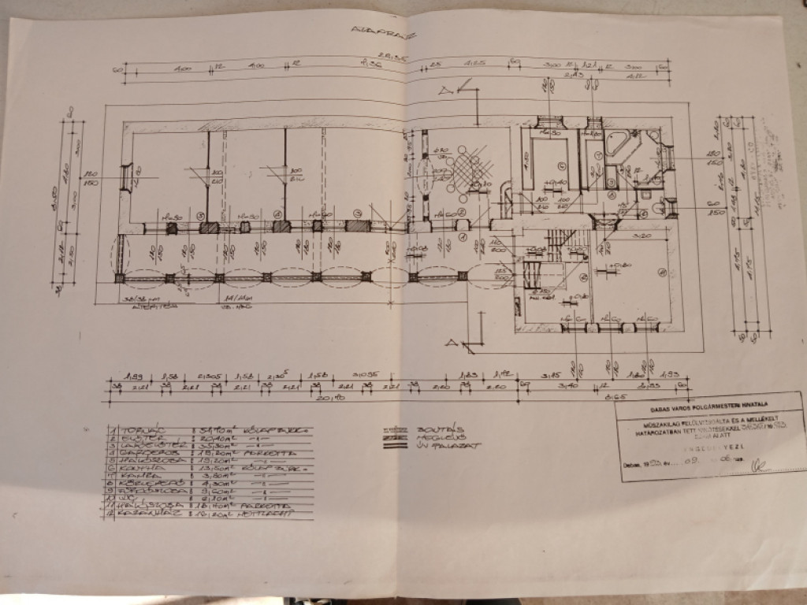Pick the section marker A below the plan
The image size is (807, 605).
click(452, 342)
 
